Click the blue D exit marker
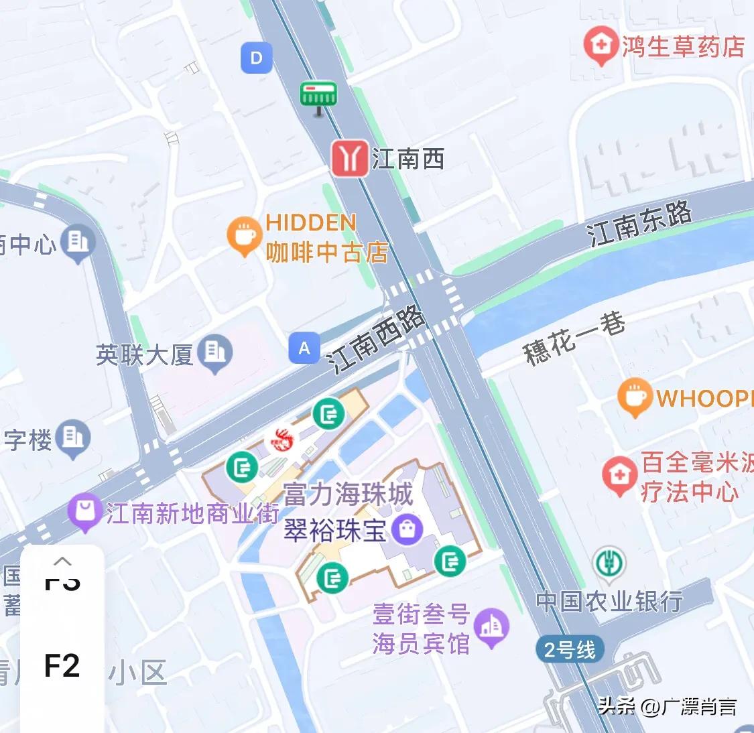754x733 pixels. (256, 58)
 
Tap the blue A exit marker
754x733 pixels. (304, 348)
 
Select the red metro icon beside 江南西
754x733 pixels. (349, 159)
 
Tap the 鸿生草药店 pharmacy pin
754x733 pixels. (600, 45)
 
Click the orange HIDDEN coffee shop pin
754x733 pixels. (244, 236)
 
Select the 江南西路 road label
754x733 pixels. (377, 340)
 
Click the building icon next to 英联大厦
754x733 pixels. (215, 352)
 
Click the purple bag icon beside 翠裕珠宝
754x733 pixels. (406, 529)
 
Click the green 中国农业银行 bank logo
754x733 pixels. (609, 563)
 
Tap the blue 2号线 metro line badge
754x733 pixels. (569, 649)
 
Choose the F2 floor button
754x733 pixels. (62, 665)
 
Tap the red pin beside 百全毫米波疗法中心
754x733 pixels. (619, 474)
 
